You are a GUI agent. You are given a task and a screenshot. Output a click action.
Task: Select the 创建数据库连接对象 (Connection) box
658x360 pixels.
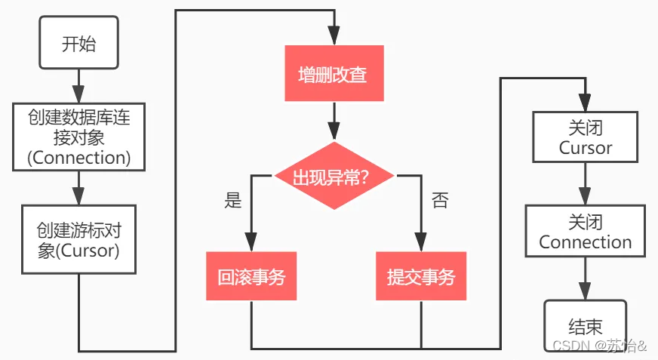(79, 137)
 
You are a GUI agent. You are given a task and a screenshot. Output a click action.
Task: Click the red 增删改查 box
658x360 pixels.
(333, 74)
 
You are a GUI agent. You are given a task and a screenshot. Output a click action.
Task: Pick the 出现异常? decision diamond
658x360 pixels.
(334, 177)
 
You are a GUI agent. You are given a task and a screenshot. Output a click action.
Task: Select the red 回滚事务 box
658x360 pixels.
(251, 277)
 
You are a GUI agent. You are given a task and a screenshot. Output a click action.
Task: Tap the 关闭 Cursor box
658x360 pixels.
(586, 137)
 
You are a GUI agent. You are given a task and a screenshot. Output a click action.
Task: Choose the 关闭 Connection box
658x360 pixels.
(586, 232)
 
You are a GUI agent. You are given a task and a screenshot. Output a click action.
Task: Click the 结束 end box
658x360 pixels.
(586, 326)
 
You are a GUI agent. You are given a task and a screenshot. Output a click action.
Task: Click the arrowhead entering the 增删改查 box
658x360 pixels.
(333, 37)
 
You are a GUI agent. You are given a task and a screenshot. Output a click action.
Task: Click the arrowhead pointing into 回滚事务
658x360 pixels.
(251, 242)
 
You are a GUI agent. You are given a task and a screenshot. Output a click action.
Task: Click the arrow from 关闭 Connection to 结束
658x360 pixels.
(586, 278)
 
